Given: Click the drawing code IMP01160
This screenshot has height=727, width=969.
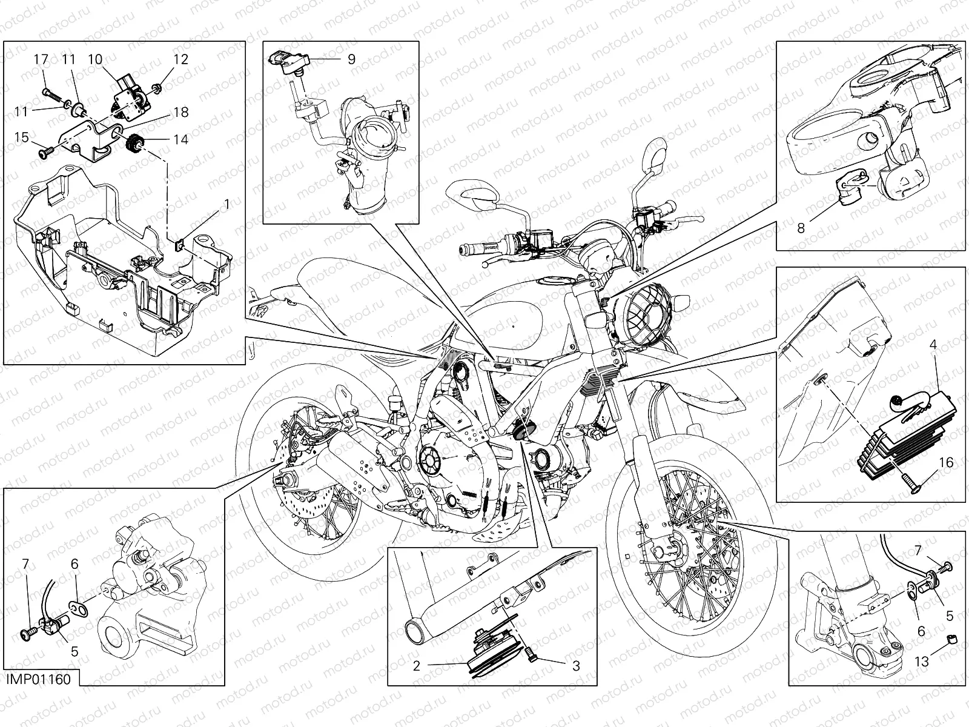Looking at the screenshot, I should [39, 679].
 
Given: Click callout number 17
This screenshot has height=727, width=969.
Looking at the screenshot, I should [41, 59].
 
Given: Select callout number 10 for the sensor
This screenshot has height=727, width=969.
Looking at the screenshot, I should [95, 59].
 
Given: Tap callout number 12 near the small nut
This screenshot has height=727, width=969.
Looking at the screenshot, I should [181, 59].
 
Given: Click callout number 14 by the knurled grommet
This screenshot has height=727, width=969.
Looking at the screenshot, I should [180, 139].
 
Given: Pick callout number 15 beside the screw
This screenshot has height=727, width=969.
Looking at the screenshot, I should [22, 138].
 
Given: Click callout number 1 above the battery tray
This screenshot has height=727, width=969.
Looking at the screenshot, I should [227, 205].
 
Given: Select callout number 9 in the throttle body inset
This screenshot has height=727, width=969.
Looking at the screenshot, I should [351, 59].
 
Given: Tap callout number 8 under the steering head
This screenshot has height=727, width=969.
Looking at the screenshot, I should [801, 228].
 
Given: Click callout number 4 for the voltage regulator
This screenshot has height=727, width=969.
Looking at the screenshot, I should [933, 345].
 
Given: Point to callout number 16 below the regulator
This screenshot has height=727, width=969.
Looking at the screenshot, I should [945, 463].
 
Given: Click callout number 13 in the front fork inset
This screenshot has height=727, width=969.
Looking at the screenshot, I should [921, 662].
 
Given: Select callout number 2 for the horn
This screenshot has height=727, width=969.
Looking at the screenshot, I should [417, 666].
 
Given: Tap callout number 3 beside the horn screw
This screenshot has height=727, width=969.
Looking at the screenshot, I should [575, 666].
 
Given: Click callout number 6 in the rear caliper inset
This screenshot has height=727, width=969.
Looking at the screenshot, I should [74, 564].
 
